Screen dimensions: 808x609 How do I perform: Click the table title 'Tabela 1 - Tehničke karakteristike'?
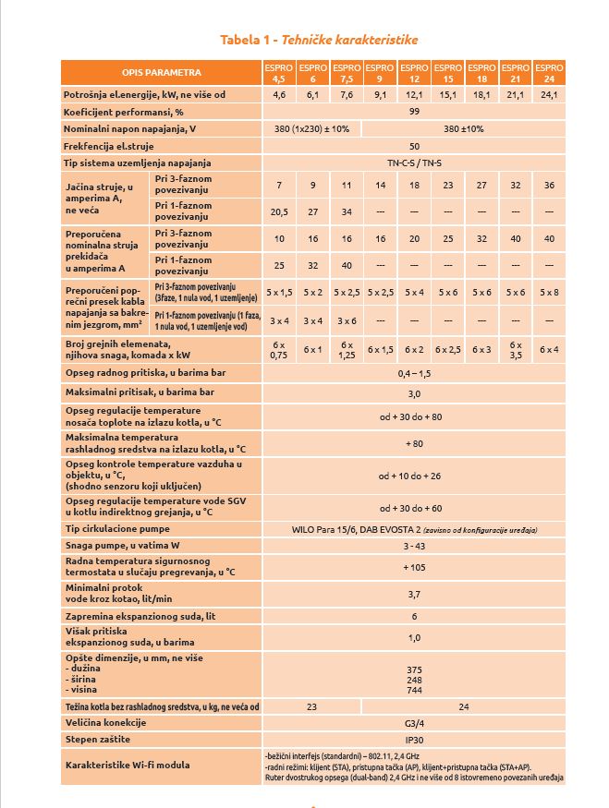(x=318, y=40)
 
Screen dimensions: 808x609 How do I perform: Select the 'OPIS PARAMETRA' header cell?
(x=161, y=73)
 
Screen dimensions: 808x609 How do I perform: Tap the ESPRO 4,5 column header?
(x=279, y=73)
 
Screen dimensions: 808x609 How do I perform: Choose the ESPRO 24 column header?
(x=549, y=73)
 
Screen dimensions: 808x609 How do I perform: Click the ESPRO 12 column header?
(x=414, y=73)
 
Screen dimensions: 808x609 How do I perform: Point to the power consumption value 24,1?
(x=549, y=95)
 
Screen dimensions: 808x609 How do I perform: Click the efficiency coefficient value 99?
(x=414, y=111)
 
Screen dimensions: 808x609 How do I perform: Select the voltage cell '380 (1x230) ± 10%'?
(x=312, y=128)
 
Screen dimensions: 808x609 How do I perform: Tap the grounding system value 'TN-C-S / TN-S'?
(x=414, y=163)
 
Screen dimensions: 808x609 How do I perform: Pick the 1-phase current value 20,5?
(x=279, y=211)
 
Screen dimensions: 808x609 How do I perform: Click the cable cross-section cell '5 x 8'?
(x=549, y=292)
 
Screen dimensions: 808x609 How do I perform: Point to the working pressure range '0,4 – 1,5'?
(x=414, y=373)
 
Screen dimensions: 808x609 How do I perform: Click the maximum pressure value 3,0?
(x=414, y=392)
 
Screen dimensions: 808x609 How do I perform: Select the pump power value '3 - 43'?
(x=414, y=547)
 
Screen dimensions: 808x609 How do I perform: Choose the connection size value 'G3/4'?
(x=414, y=724)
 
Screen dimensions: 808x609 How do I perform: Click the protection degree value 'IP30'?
(x=414, y=741)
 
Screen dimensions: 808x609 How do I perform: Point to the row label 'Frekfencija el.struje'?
(x=109, y=146)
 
